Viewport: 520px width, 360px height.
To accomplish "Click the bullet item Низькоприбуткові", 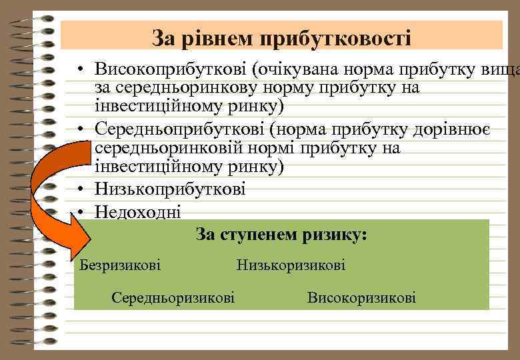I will coord(170,189).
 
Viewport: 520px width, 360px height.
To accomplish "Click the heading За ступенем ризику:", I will coord(281,235).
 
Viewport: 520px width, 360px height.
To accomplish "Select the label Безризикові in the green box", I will coord(120,265).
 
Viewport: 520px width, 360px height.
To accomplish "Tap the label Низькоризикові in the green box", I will coord(291,265).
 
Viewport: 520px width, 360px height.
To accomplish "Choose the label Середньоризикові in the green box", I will coord(173,297).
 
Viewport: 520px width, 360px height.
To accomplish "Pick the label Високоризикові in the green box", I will coord(361,297).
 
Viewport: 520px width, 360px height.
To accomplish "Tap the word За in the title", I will coord(162,37).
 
